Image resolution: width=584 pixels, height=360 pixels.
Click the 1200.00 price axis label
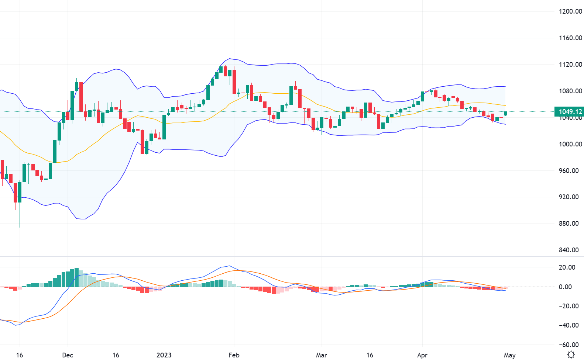pyautogui.click(x=570, y=11)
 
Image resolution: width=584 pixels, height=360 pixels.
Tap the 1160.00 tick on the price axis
pyautogui.click(x=570, y=38)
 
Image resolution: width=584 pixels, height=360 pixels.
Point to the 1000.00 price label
pyautogui.click(x=570, y=144)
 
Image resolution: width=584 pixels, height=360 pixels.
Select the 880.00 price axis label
pyautogui.click(x=569, y=224)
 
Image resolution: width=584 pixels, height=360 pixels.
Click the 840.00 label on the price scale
pyautogui.click(x=569, y=250)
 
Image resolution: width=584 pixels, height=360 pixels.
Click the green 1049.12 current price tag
pyautogui.click(x=570, y=112)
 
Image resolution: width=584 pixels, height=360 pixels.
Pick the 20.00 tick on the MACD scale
pyautogui.click(x=567, y=267)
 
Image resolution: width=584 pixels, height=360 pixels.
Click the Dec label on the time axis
pyautogui.click(x=68, y=355)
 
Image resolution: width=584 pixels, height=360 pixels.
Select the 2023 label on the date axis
pyautogui.click(x=164, y=355)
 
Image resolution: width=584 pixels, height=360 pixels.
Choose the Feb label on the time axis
pyautogui.click(x=234, y=355)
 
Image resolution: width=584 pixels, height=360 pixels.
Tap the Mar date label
pyautogui.click(x=321, y=355)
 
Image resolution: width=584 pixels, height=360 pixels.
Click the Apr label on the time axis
pyautogui.click(x=422, y=355)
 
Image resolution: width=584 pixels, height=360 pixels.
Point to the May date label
pyautogui.click(x=509, y=355)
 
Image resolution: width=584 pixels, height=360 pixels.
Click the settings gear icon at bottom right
pyautogui.click(x=571, y=355)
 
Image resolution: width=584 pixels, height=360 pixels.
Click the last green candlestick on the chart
pyautogui.click(x=505, y=113)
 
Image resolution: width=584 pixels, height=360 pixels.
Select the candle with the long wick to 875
pyautogui.click(x=20, y=192)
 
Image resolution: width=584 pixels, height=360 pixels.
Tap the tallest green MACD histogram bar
pyautogui.click(x=77, y=277)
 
